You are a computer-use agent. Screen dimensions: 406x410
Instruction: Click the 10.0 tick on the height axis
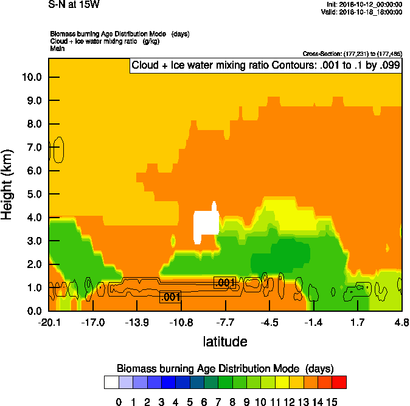pos(32,77)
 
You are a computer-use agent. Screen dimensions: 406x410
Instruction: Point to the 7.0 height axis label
pos(32,147)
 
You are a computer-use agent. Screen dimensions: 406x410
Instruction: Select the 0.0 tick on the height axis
pos(32,311)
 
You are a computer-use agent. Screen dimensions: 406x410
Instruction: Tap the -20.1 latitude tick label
pos(49,322)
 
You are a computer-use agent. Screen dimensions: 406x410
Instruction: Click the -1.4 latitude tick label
pos(313,322)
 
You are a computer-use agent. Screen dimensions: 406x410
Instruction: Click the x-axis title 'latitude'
pos(225,342)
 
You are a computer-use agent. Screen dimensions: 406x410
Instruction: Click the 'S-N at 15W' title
pos(74,5)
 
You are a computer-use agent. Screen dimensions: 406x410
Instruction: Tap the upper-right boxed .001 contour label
pos(225,283)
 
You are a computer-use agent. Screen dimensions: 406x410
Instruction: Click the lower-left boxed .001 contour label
pos(170,297)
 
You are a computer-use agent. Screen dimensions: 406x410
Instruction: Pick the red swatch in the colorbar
pos(339,382)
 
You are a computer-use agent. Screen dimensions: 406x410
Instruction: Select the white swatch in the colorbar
pos(111,382)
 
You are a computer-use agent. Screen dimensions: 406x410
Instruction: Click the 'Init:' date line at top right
pos(364,5)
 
